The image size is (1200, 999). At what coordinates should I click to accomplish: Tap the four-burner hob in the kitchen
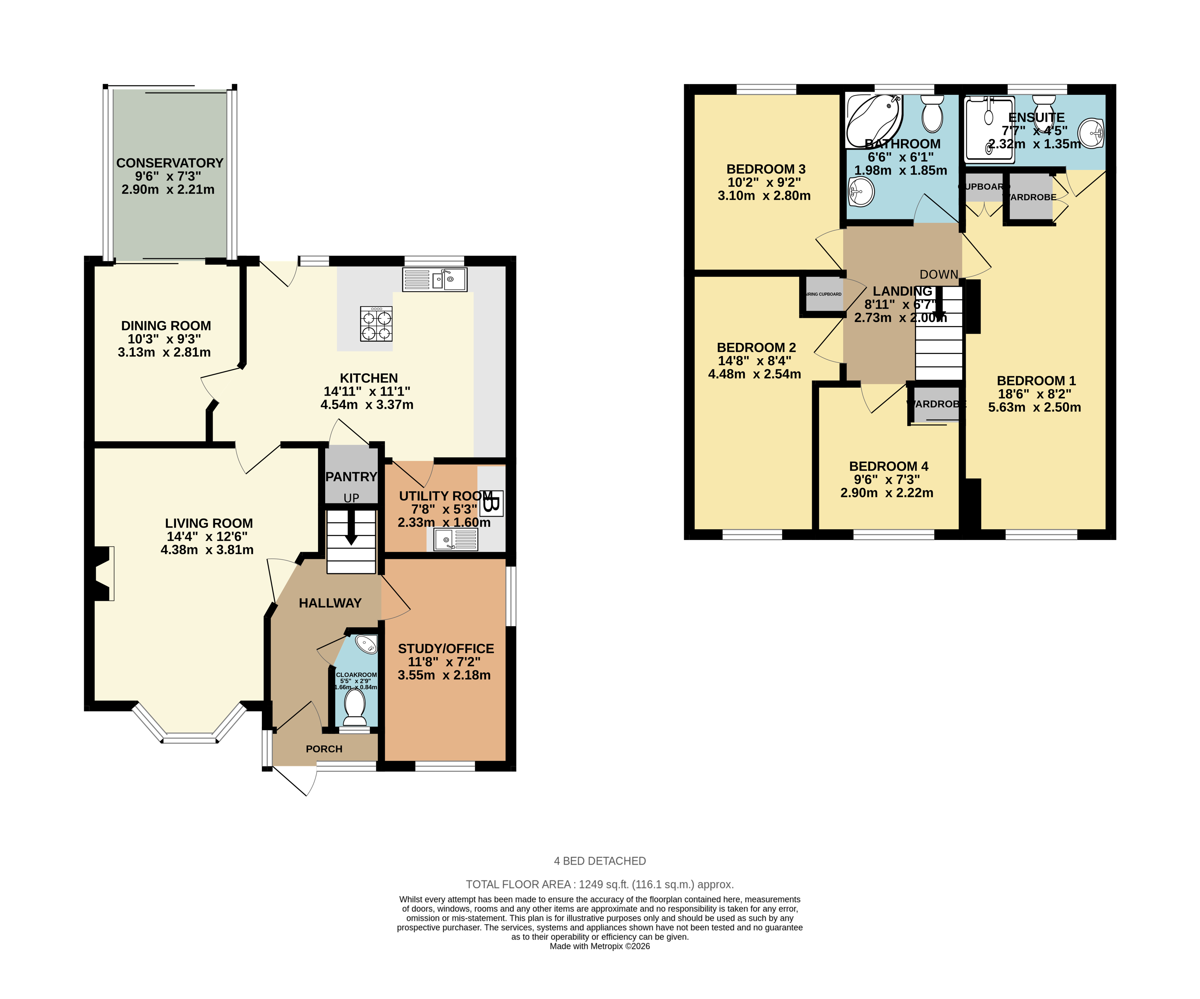[376, 324]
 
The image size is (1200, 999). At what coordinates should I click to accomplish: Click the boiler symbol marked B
[492, 503]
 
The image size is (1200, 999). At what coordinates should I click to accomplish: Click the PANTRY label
[351, 477]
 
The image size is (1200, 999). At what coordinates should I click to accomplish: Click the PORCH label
[324, 749]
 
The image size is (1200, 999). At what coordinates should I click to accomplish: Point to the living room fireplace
[102, 573]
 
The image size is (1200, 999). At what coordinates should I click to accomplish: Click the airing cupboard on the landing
[824, 294]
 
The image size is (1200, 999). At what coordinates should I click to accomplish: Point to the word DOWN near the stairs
[939, 274]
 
